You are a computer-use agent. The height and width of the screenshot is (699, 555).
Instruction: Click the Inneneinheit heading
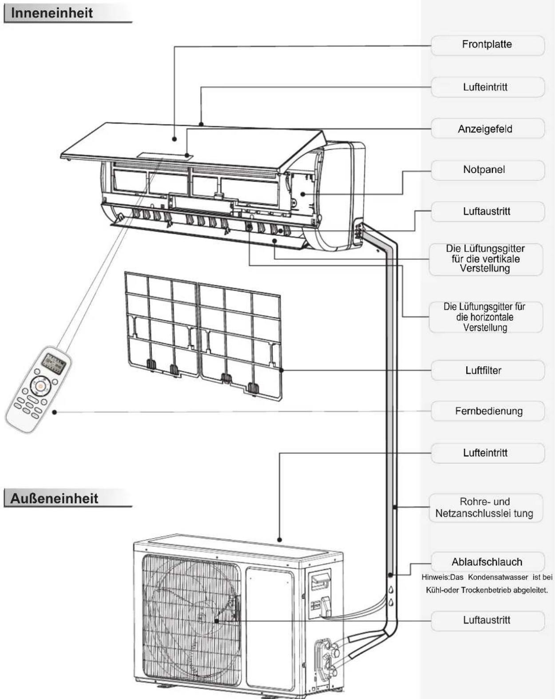52,13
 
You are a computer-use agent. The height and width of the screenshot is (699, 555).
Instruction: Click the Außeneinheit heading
54,498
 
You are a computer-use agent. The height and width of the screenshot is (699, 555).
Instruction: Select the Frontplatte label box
488,45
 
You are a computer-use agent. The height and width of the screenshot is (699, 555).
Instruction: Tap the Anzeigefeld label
488,128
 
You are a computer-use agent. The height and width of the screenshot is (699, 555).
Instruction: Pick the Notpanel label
488,170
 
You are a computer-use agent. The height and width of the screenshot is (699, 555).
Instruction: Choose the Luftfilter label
488,370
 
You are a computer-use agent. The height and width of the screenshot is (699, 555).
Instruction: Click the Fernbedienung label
488,411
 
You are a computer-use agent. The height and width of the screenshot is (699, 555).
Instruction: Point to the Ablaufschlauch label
488,562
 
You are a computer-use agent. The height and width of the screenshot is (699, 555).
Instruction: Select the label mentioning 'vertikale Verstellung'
486,259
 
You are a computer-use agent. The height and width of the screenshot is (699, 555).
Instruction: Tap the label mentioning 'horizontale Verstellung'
486,317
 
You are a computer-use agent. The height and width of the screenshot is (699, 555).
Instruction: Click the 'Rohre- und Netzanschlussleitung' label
486,507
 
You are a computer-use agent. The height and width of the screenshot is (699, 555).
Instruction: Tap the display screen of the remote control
55,363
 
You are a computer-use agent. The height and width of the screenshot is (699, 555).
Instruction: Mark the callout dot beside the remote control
55,412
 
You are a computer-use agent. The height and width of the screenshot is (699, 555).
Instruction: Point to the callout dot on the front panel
174,139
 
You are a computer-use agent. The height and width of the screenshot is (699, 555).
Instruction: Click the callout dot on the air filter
281,370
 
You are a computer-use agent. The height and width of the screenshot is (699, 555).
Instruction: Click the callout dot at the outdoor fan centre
216,621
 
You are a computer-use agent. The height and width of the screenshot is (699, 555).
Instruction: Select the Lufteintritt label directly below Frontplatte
488,87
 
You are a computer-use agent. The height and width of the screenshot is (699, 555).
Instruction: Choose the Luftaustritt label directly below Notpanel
488,212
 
